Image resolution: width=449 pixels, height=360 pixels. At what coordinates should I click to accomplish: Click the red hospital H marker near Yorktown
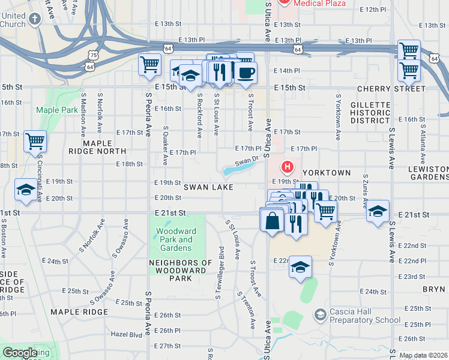pyautogui.click(x=288, y=166)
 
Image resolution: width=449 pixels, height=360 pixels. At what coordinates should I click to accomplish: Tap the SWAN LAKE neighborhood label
pyautogui.click(x=208, y=187)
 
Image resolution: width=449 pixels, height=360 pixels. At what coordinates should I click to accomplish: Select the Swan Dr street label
pyautogui.click(x=246, y=161)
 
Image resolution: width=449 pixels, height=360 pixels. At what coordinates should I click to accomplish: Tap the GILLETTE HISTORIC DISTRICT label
pyautogui.click(x=371, y=113)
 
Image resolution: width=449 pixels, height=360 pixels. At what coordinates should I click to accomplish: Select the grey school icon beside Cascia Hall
pyautogui.click(x=321, y=314)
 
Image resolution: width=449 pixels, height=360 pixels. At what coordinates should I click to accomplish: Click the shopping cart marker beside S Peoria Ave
pyautogui.click(x=149, y=64)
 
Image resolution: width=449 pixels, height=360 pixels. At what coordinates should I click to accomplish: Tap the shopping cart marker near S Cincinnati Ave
pyautogui.click(x=35, y=142)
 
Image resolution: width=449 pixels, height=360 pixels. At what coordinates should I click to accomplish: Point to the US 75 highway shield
pyautogui.click(x=91, y=55)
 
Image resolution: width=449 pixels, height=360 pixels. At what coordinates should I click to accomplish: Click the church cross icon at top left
pyautogui.click(x=35, y=19)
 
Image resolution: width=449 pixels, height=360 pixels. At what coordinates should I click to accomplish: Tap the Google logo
pyautogui.click(x=20, y=353)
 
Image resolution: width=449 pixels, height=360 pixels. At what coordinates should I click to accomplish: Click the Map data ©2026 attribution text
pyautogui.click(x=424, y=355)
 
